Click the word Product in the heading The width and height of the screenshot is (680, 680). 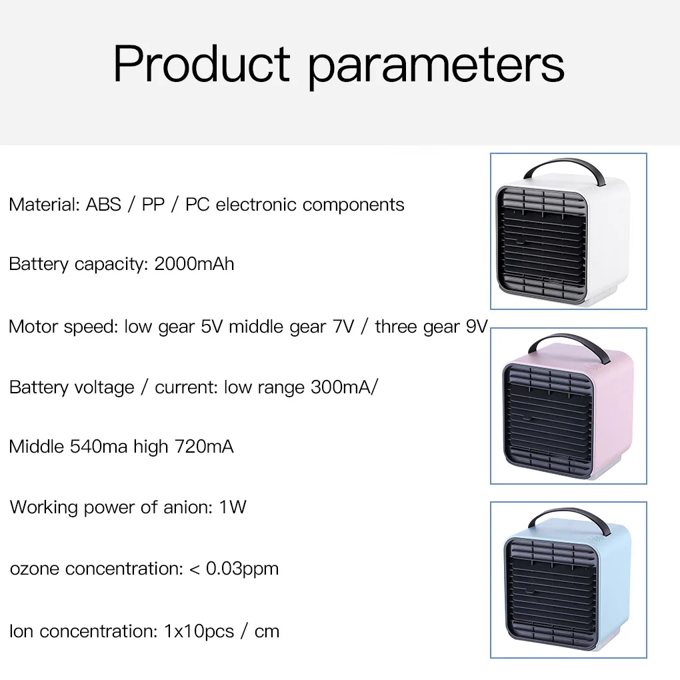coord(201,63)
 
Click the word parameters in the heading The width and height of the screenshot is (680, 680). coord(436,67)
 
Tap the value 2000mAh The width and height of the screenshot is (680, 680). coord(194,264)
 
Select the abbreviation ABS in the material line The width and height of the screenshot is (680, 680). coord(103,204)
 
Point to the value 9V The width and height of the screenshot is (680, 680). coord(477,327)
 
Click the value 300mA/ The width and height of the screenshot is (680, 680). coord(345,387)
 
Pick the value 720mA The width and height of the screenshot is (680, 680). coord(204,446)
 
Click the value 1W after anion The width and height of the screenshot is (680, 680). coord(233,507)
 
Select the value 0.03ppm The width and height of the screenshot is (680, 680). coord(242,569)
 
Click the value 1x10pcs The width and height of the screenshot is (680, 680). coord(199,631)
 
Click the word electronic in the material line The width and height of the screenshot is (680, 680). coord(256,204)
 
